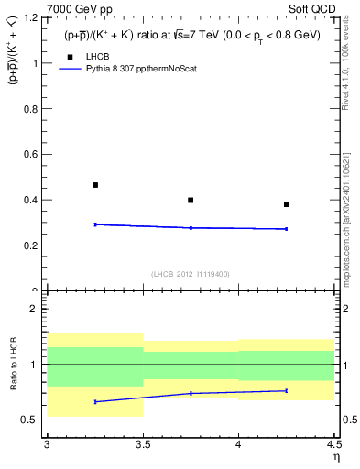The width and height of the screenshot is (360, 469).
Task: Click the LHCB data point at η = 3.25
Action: (x=94, y=185)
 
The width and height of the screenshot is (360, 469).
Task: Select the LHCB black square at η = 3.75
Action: (x=191, y=200)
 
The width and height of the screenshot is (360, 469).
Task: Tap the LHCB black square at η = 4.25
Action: (x=287, y=204)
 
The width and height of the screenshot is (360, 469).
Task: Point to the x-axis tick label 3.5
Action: (x=142, y=444)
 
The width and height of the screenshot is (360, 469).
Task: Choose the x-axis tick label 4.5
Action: (x=333, y=444)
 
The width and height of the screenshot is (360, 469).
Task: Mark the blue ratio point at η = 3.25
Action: (x=94, y=401)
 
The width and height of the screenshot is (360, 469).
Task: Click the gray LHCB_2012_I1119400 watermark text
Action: (x=191, y=274)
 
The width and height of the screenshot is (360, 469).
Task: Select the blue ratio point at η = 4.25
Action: (x=287, y=390)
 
